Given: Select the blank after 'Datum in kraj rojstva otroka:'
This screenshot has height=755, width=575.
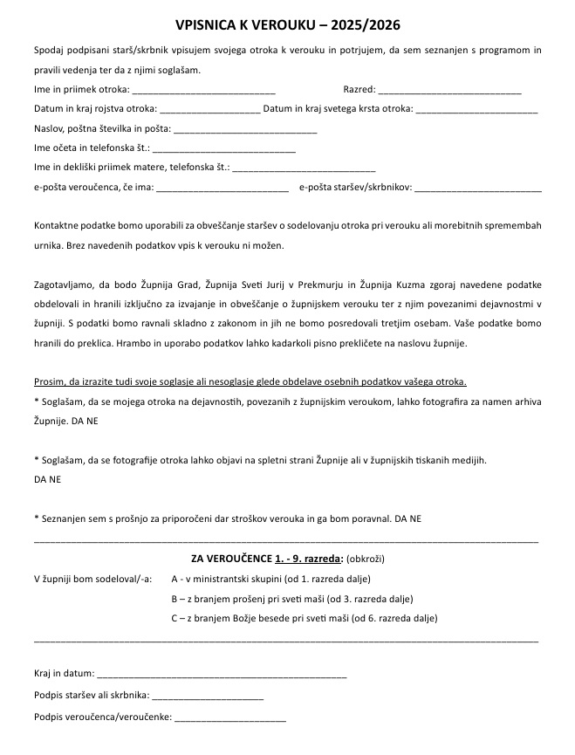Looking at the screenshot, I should [x=210, y=110].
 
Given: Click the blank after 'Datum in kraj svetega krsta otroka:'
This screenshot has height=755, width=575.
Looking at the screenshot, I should [x=476, y=110].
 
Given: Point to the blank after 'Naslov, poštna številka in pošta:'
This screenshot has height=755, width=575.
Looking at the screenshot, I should [x=245, y=130].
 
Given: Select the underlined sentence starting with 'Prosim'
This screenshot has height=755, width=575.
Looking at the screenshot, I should [x=250, y=382].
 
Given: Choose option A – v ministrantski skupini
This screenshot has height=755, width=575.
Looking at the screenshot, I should [x=270, y=579].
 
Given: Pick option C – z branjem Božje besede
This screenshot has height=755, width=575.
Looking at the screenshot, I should [x=304, y=619].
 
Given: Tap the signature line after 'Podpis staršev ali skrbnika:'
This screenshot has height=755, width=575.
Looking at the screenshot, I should [x=208, y=697].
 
